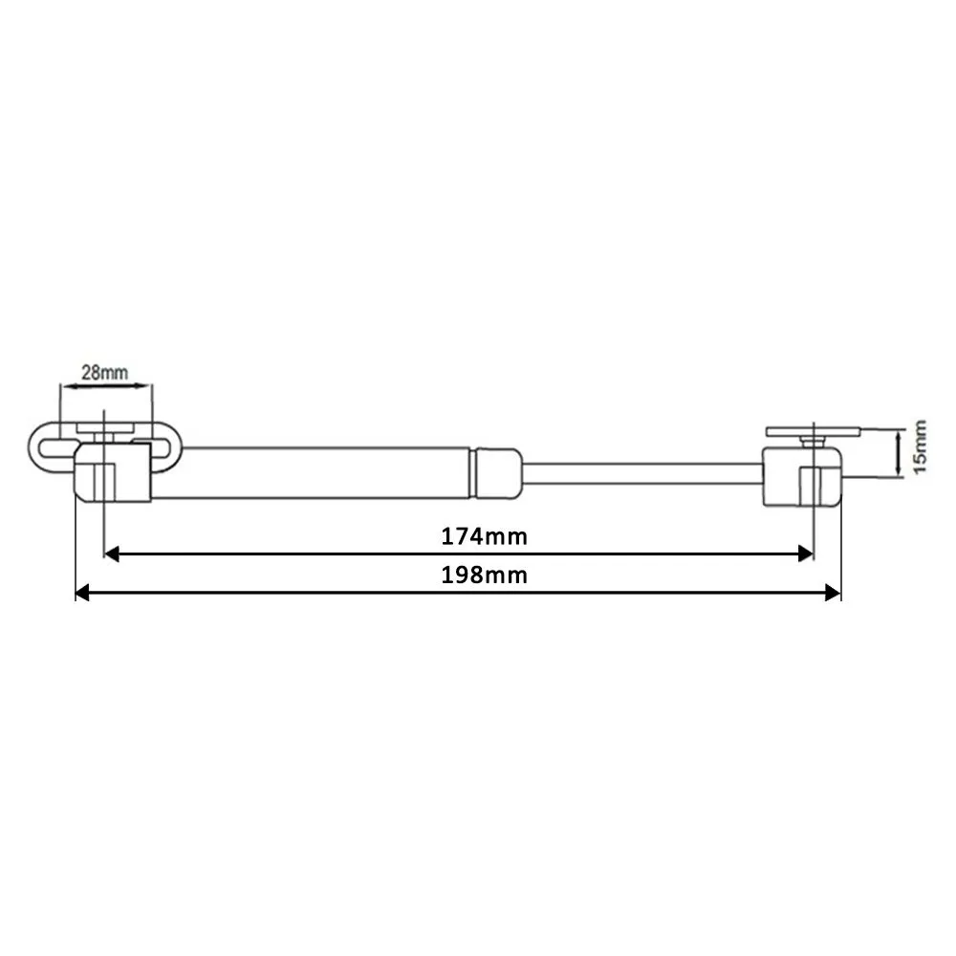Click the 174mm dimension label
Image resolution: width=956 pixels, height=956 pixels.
(x=484, y=536)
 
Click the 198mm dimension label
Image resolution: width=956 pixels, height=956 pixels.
(x=484, y=575)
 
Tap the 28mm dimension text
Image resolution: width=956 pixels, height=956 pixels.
(x=105, y=372)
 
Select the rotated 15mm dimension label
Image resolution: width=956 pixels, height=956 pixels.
(x=920, y=445)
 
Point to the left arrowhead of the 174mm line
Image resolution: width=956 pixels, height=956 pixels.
(x=111, y=554)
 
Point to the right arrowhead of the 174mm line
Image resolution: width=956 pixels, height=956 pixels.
(x=806, y=554)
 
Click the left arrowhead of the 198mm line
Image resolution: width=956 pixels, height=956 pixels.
(x=82, y=592)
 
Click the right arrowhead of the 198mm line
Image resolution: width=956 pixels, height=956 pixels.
(x=833, y=592)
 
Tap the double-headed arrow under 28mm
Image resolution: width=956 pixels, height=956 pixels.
(x=106, y=385)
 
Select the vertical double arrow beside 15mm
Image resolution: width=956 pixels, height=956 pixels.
(x=898, y=452)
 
